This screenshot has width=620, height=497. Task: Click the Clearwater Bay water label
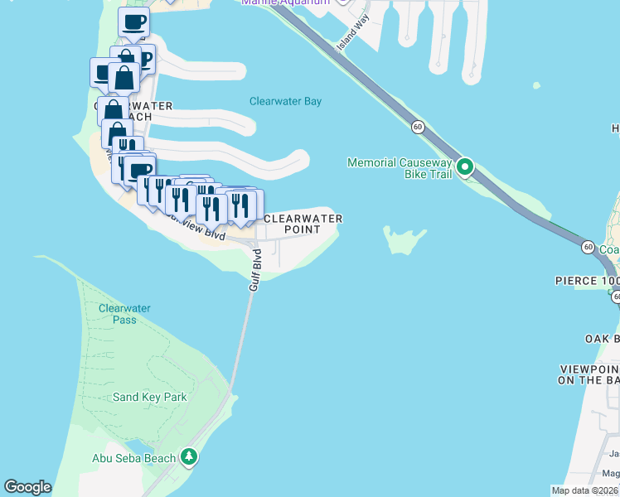click(285, 102)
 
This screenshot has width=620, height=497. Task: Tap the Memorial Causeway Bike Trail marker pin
click(465, 167)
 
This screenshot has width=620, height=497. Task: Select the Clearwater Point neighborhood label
click(302, 224)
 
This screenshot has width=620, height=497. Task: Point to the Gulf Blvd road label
click(255, 269)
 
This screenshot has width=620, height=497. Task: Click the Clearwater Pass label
click(124, 314)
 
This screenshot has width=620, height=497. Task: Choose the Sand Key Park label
click(150, 397)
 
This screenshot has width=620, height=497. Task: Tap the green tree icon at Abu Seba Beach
click(190, 457)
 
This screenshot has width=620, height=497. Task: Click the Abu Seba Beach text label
click(133, 458)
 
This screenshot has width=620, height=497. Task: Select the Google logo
click(27, 487)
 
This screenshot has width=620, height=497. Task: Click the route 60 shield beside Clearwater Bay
click(418, 127)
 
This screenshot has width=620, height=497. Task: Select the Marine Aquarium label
click(284, 2)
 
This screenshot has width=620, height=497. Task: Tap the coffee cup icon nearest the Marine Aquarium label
click(133, 22)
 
